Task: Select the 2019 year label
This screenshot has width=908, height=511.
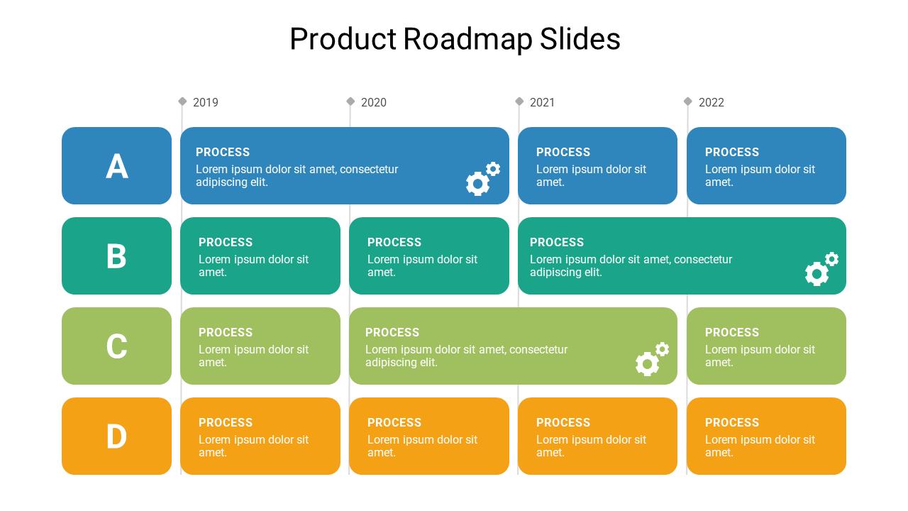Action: [206, 102]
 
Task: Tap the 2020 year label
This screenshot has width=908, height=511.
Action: [374, 102]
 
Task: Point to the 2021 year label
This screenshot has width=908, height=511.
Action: [543, 102]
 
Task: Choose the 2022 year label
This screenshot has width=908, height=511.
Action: [712, 102]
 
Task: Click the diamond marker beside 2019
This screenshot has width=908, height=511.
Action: [182, 101]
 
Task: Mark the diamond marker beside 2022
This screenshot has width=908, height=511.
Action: [687, 101]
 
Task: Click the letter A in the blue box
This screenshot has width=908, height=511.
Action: [117, 167]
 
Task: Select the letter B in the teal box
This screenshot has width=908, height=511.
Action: [116, 256]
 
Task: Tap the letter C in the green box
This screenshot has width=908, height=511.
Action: [116, 346]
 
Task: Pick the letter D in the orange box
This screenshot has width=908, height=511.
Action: [116, 436]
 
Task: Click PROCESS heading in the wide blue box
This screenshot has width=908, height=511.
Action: [223, 152]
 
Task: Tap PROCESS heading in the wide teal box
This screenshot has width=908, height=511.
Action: [557, 242]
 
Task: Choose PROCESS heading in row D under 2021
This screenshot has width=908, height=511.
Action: [563, 422]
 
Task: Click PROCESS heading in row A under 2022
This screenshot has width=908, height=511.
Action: [732, 152]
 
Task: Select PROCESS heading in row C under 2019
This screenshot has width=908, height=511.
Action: [226, 332]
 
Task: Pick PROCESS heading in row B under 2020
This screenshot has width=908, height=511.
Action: [394, 242]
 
